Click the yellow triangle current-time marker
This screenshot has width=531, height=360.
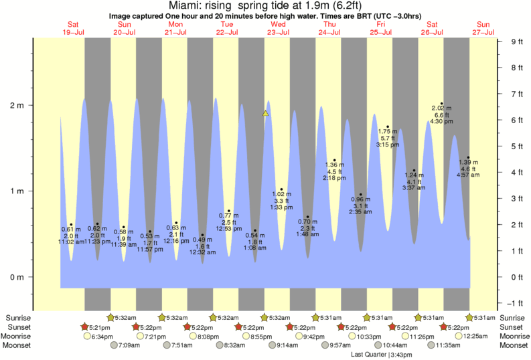[x=266, y=113]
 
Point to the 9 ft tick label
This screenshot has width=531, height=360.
[x=516, y=41]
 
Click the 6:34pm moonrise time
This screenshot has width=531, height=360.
[x=102, y=336]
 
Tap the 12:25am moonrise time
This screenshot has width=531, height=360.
[x=473, y=336]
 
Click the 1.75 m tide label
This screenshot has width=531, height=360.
[x=388, y=131]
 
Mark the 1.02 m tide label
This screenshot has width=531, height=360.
[x=281, y=194]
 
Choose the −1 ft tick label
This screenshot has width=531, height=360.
[x=516, y=303]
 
